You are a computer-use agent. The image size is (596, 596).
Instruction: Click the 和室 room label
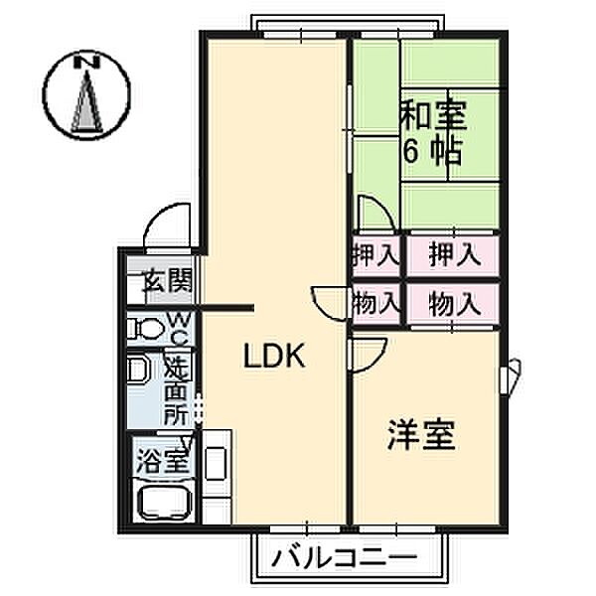pos(432,116)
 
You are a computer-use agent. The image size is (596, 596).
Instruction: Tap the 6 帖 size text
pos(430,151)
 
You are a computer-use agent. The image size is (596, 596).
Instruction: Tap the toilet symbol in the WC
pos(146,327)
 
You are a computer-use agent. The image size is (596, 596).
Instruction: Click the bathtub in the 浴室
pos(165,506)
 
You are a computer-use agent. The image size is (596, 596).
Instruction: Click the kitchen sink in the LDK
pos(215,466)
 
